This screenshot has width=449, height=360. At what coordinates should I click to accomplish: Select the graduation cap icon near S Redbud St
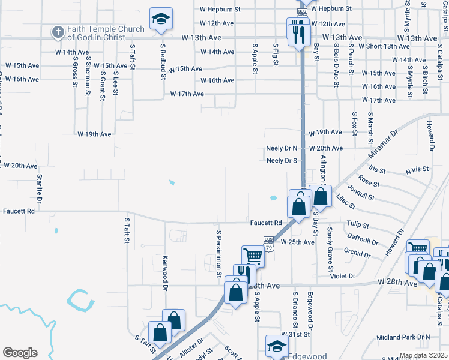[161, 20]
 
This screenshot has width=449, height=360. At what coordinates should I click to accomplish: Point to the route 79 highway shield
[268, 247]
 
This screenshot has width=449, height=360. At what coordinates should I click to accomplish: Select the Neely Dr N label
[282, 148]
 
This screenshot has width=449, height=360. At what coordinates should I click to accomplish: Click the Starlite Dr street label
[40, 187]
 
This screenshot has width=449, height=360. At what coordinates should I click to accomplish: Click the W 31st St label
[295, 334]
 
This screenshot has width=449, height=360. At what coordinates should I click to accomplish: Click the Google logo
[20, 353]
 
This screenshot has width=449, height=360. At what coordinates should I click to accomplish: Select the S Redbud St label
[163, 61]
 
